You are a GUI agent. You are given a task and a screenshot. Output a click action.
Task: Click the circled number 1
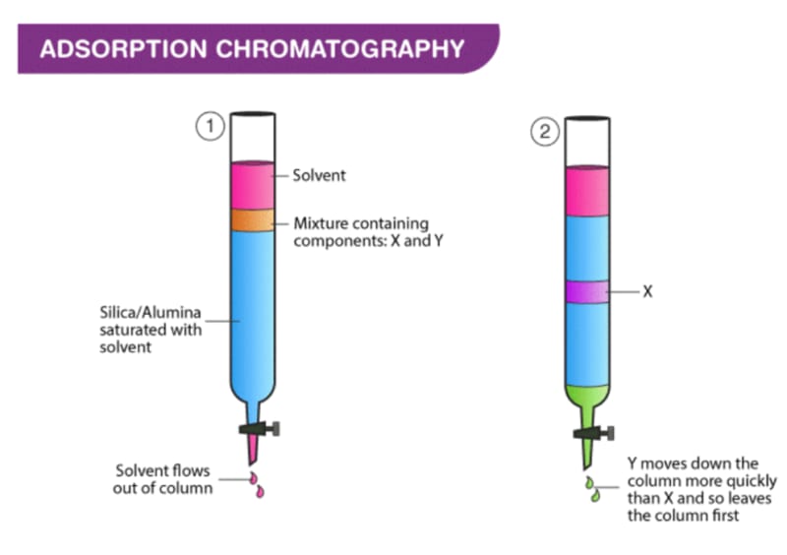pyautogui.click(x=208, y=126)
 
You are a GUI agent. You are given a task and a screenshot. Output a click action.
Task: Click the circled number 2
pyautogui.click(x=545, y=132)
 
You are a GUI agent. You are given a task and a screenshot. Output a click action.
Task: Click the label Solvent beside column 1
pyautogui.click(x=319, y=176)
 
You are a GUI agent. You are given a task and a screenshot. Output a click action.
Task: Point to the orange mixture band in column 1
pyautogui.click(x=252, y=220)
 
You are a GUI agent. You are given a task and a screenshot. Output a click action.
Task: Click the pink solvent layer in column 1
pyautogui.click(x=252, y=184)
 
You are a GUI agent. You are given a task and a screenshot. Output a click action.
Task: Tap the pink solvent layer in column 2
pyautogui.click(x=586, y=191)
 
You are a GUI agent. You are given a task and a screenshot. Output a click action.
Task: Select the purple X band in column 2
pyautogui.click(x=586, y=292)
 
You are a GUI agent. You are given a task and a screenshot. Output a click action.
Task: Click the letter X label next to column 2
pyautogui.click(x=647, y=292)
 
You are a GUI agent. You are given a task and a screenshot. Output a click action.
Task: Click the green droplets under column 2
pyautogui.click(x=592, y=489)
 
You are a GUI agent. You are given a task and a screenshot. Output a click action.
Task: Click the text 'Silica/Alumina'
pyautogui.click(x=147, y=314)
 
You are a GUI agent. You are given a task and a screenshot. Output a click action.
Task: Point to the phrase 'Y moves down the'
pyautogui.click(x=688, y=462)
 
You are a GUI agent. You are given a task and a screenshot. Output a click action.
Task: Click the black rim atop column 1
pyautogui.click(x=252, y=113)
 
